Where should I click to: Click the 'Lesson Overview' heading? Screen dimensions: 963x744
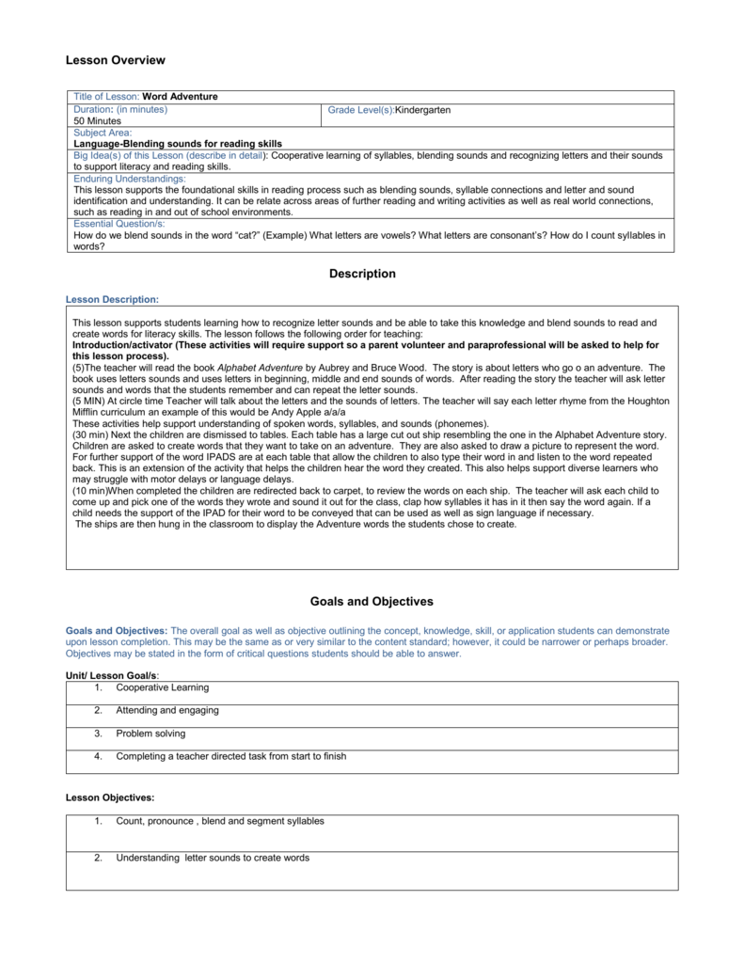coord(115,61)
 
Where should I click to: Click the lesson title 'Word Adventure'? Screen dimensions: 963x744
coord(180,97)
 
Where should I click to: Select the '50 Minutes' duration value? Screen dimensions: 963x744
coord(98,121)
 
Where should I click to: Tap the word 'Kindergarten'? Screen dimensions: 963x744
coord(422,110)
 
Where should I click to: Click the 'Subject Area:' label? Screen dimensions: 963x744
coord(103,133)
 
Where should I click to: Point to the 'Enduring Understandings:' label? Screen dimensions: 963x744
coord(130,178)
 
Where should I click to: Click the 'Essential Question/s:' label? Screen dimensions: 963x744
coord(119,224)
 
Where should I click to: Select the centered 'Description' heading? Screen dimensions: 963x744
coord(362,275)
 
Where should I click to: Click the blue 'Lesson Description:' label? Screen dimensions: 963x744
coord(112,299)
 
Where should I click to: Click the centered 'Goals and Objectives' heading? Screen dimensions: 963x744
coord(371,601)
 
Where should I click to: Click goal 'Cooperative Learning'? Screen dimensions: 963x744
coord(163,687)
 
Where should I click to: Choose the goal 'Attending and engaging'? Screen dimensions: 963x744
coord(166,710)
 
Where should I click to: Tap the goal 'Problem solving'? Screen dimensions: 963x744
coord(150,733)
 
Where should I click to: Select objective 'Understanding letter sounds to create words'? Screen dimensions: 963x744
coord(213,858)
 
